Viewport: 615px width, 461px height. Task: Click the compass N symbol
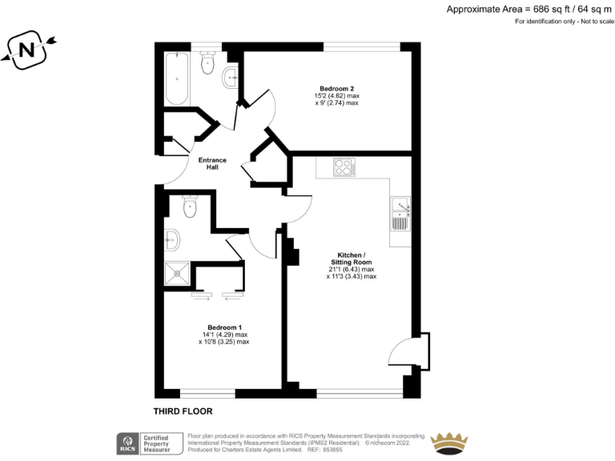coord(26,51)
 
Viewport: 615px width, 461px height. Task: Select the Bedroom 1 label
coord(224,327)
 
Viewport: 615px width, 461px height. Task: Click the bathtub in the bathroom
coord(176,80)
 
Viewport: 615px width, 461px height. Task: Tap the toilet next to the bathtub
coord(209,64)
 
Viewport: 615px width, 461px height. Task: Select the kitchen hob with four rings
coord(344,168)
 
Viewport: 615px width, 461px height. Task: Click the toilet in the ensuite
coord(190,206)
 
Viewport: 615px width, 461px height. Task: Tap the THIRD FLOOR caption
coord(183,411)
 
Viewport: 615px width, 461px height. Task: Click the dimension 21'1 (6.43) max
coord(352,270)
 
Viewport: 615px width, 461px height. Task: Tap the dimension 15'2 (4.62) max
coord(336,95)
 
